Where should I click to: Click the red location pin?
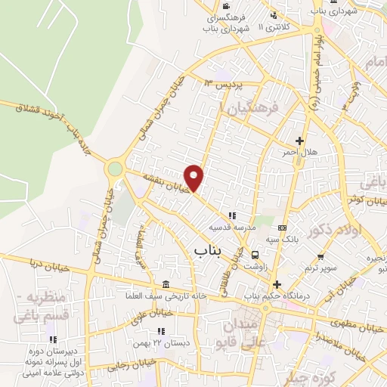(x=195, y=177)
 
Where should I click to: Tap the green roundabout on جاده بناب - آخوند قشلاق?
(x=115, y=169)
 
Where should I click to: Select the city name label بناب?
(x=207, y=249)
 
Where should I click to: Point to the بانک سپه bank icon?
(x=282, y=228)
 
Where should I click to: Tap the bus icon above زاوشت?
(x=256, y=255)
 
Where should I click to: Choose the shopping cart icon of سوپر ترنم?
(x=315, y=256)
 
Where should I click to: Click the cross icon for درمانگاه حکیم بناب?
(x=277, y=284)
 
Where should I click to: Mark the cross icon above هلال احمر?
(x=300, y=141)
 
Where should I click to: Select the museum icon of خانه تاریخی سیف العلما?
(x=166, y=283)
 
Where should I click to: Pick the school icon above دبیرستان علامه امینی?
(x=53, y=339)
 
